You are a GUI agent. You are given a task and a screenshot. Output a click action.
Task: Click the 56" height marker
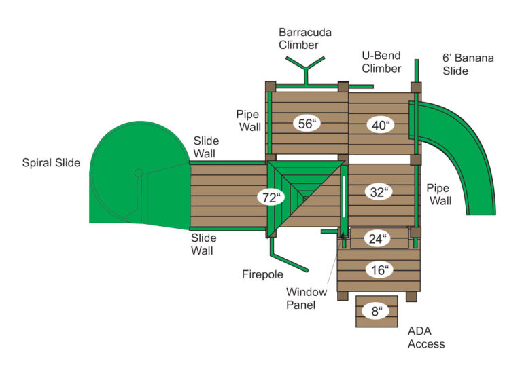[307, 124]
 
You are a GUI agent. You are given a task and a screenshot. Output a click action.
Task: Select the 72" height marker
[271, 198]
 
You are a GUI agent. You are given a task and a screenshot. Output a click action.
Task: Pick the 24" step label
[379, 238]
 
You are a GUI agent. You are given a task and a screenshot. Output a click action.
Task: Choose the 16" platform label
[380, 270]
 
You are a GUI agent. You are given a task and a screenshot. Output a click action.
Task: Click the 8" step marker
[376, 312]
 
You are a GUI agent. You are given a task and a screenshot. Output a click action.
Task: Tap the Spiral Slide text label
[51, 163]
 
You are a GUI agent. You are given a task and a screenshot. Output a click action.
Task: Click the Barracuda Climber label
[298, 39]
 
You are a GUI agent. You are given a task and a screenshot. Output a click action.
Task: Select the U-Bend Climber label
[381, 62]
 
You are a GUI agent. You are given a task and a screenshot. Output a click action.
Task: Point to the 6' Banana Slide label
[468, 64]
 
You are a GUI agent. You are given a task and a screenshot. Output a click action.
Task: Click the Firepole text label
[262, 274]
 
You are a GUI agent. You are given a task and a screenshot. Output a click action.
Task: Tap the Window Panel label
[306, 299]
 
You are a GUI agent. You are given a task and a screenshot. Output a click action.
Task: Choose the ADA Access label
[425, 337]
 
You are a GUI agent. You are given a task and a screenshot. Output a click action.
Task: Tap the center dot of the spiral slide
[138, 172]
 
